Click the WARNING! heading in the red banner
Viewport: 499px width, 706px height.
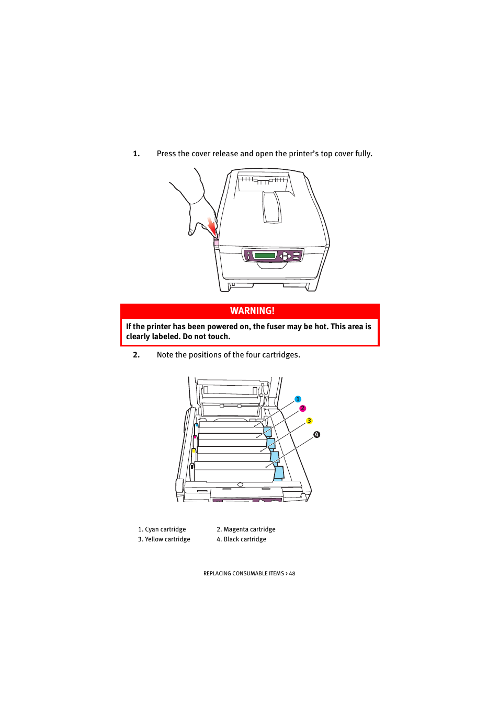point(252,311)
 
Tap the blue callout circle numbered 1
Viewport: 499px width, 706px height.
point(298,399)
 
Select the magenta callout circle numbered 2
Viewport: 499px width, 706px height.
point(302,409)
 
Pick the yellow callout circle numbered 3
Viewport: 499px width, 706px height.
point(309,421)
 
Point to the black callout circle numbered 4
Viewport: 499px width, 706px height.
point(316,435)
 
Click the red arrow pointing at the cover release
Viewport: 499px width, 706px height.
point(212,227)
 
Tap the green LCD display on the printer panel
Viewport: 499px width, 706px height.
point(265,256)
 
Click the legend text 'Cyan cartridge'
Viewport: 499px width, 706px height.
point(165,529)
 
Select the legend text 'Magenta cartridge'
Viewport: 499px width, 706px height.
point(249,529)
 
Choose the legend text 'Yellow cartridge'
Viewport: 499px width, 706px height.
point(167,539)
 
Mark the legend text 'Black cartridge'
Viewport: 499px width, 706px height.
point(245,539)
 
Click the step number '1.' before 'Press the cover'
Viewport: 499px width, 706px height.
point(136,154)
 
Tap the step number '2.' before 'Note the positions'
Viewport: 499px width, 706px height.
point(136,355)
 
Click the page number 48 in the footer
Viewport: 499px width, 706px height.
point(292,574)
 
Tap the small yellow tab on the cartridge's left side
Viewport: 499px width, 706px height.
point(194,450)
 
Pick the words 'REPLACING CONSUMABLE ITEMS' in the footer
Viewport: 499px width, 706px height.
point(243,574)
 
